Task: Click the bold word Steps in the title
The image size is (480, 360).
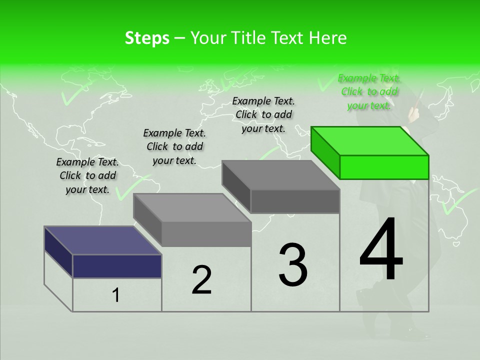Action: pyautogui.click(x=147, y=38)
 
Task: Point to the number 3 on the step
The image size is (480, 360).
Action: pyautogui.click(x=293, y=264)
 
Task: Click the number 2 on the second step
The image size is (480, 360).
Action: pyautogui.click(x=202, y=280)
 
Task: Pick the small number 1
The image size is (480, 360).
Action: pyautogui.click(x=116, y=295)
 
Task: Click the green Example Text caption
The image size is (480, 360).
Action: pyautogui.click(x=369, y=91)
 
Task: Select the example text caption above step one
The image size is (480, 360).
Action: pyautogui.click(x=87, y=175)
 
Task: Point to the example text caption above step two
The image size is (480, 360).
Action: pyautogui.click(x=174, y=146)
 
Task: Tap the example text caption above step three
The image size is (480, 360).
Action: pyautogui.click(x=263, y=114)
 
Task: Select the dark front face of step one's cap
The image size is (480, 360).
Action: pyautogui.click(x=117, y=266)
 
